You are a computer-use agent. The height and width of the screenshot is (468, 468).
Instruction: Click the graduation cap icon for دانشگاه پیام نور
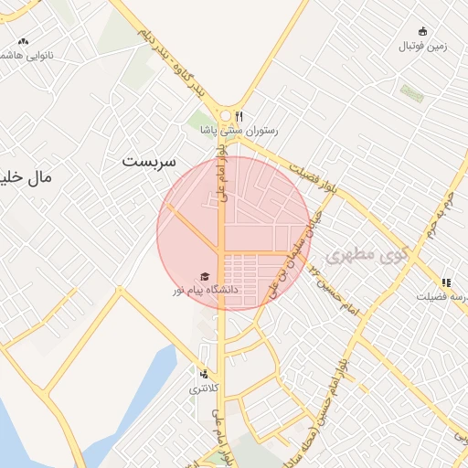[x=206, y=276]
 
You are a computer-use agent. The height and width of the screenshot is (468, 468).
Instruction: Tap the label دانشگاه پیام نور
[x=205, y=290]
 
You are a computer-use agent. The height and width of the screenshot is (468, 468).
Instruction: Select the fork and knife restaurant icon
[x=239, y=116]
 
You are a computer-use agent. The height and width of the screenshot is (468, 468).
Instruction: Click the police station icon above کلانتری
[x=204, y=374]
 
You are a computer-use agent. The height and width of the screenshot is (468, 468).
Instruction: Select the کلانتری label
[x=205, y=388]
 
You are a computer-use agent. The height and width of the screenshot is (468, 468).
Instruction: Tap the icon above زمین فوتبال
[x=421, y=31]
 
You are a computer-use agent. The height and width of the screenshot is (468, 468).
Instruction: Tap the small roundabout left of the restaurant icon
[x=225, y=115]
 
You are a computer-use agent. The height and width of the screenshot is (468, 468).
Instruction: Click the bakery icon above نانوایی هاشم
[x=23, y=41]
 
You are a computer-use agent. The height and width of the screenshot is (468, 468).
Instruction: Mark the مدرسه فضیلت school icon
[x=446, y=282]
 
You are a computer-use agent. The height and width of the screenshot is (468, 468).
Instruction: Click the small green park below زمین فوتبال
[x=411, y=93]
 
